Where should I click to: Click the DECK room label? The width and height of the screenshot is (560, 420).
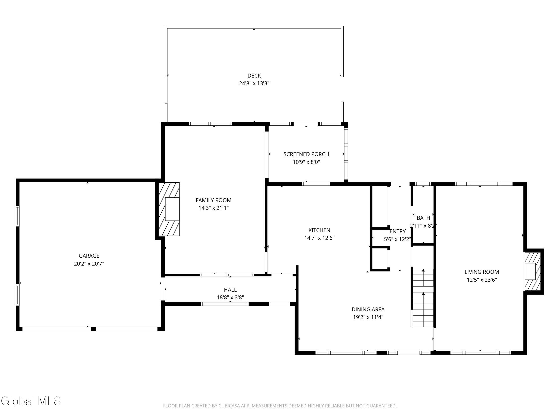coord(254,75)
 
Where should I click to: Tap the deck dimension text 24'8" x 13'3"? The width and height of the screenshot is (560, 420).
coord(254,83)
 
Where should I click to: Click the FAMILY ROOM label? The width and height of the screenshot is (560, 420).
coord(213,200)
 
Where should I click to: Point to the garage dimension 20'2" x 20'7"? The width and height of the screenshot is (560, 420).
coord(89,264)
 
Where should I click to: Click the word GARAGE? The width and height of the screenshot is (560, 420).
coord(89,256)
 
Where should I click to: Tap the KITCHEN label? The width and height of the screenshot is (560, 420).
coord(319,230)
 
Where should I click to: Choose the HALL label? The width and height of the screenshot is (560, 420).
coord(230,290)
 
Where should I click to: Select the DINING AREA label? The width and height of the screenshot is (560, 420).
coord(368,309)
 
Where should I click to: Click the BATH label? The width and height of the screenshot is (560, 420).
coord(423,218)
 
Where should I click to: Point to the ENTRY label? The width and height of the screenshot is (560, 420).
coord(397,231)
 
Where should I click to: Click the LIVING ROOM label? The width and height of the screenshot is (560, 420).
coord(482,272)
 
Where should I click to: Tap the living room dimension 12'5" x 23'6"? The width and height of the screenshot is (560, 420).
coord(482,280)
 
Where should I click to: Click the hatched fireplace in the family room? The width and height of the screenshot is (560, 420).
coord(169,209)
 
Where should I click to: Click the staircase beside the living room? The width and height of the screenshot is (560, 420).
coord(423,298)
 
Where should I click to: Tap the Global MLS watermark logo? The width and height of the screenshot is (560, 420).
coord(31,401)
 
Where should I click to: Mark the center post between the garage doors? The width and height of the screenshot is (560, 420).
coord(93,329)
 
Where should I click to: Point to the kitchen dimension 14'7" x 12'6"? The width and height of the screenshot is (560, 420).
coord(319,238)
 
